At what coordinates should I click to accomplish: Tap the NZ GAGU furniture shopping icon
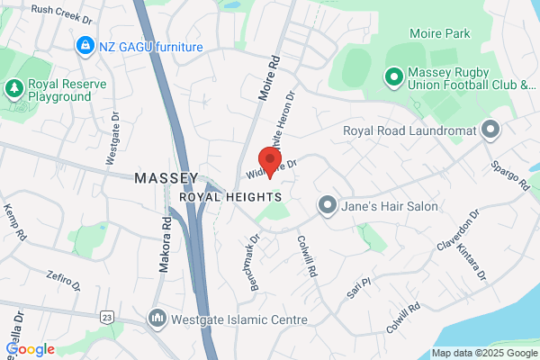[x=85, y=44]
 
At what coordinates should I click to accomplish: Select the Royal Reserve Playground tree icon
[x=14, y=87]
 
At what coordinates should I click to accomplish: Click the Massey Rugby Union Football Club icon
[x=393, y=77]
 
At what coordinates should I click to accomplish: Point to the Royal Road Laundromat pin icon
[x=490, y=131]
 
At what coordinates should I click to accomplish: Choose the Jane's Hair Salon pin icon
[x=327, y=206]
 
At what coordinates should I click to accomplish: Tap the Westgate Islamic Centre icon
[x=157, y=318]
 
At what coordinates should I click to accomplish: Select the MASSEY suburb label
[x=166, y=178]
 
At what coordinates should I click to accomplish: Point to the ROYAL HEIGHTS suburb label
[x=231, y=196]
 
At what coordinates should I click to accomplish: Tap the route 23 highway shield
[x=107, y=318]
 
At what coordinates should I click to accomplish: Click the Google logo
[x=30, y=349]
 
